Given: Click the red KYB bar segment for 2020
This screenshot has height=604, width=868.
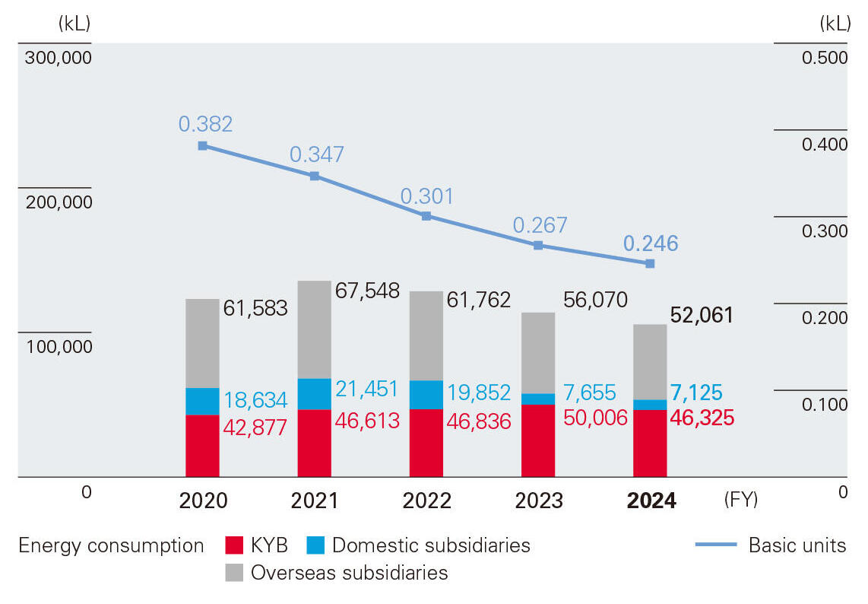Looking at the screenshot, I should coord(202,446).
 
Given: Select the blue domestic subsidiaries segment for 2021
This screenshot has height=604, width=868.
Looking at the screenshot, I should coord(314,394).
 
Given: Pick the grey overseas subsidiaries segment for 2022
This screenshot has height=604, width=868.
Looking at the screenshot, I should coord(426,335).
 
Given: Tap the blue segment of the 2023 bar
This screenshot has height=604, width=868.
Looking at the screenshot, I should coord(538,399).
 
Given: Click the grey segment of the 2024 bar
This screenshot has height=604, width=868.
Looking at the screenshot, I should coord(650,361).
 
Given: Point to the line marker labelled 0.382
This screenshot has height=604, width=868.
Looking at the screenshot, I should coord(202,145).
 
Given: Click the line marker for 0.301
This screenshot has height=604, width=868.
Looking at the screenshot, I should coord(426,216).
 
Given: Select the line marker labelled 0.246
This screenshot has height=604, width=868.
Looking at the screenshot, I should coord(650,263).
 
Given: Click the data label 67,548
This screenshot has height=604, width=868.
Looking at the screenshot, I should coord(367,290).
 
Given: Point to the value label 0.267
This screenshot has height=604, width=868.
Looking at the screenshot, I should coord(540,225).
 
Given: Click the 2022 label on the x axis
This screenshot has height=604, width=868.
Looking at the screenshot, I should coord(426,501).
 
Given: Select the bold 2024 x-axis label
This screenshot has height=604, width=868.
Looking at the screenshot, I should coord(651,501).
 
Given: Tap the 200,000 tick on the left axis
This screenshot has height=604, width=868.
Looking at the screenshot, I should coord(58,202).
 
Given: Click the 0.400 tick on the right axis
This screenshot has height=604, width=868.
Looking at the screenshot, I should coord(824,144).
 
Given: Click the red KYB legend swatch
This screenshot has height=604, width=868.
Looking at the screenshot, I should coord(233,545).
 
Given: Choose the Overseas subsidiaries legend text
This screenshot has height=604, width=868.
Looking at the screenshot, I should coord(349,572).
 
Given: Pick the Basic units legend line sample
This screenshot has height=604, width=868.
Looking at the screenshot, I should coord(715,545).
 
